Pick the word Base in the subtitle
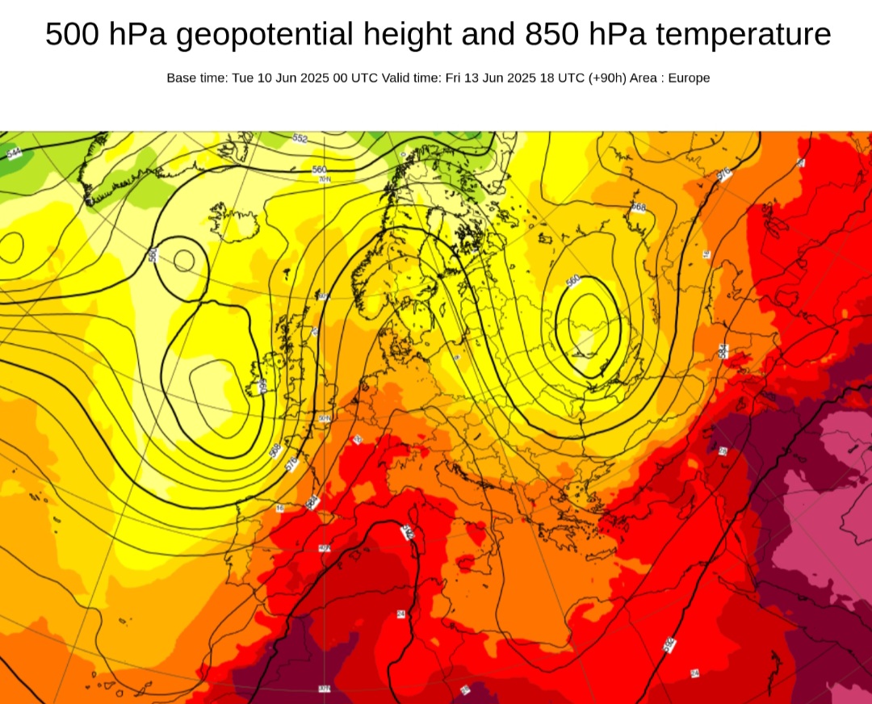[181, 78]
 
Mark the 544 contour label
[14, 153]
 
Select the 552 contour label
[300, 139]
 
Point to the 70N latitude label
[325, 178]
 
